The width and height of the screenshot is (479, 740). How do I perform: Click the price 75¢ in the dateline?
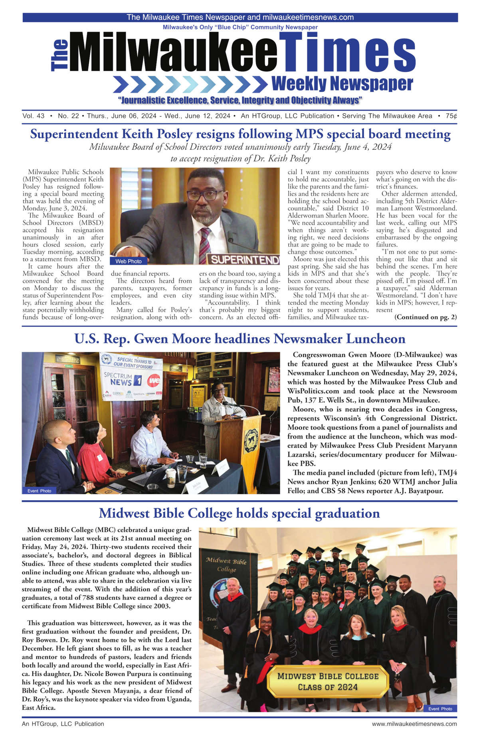click(x=451, y=116)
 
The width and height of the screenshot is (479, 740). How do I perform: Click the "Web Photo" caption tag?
click(x=129, y=261)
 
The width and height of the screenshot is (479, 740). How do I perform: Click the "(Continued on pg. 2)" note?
click(x=426, y=317)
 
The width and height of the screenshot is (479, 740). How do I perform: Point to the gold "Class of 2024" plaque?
click(x=327, y=681)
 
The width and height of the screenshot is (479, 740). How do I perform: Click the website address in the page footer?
click(x=414, y=724)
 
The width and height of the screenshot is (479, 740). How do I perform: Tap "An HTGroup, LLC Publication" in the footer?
click(x=63, y=724)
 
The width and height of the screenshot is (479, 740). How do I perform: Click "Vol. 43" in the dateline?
click(x=34, y=116)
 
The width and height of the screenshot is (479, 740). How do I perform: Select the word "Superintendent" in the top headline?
click(x=74, y=134)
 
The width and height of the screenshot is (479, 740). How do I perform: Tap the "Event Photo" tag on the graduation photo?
click(x=440, y=708)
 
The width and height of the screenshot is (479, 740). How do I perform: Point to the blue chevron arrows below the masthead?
click(x=190, y=84)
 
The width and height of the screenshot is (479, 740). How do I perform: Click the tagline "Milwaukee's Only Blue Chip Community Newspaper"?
click(x=240, y=27)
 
